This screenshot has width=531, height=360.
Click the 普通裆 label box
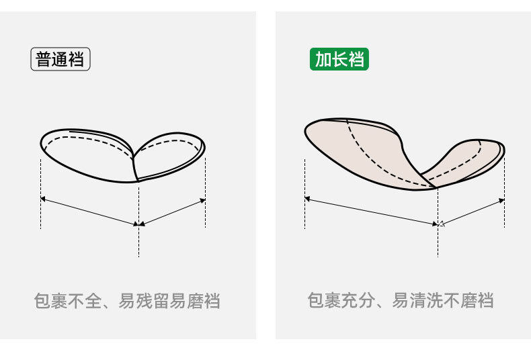[x=60, y=60]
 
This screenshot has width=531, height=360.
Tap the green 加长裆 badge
[x=339, y=60]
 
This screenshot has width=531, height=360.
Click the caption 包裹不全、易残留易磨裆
[x=127, y=301]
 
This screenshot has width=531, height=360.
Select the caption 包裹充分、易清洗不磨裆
[x=401, y=301]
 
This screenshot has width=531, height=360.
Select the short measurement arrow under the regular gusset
[x=172, y=212]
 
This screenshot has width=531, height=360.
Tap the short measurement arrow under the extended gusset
[x=472, y=211]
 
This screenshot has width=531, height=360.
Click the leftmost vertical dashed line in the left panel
[x=41, y=195]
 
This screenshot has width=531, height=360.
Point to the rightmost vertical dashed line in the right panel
[x=504, y=195]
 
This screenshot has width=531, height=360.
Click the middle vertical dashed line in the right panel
[x=438, y=228]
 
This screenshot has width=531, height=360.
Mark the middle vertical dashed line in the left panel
[x=139, y=228]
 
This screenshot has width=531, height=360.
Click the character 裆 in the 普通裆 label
[x=77, y=60]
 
